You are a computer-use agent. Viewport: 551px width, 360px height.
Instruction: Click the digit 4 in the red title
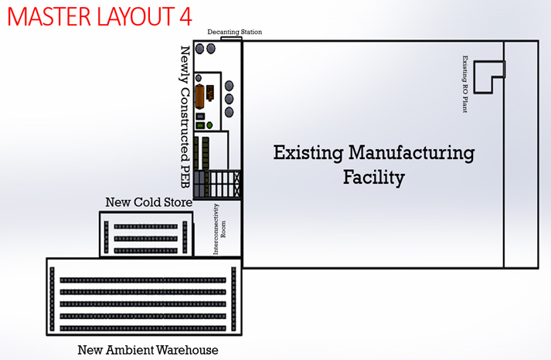point(185,16)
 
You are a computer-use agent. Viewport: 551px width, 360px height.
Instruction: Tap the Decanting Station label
point(234,32)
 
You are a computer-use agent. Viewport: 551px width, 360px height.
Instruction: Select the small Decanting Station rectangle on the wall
point(231,39)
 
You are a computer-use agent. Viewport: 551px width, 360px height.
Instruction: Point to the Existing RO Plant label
point(465,84)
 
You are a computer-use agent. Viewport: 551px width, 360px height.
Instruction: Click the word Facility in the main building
point(374,178)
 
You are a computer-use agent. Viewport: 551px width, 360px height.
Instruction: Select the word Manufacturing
point(411,154)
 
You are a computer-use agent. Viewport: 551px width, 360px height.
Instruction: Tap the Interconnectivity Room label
point(219,229)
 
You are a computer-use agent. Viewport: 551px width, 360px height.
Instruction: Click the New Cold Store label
point(148,202)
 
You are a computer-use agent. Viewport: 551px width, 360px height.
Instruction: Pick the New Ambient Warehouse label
point(148,350)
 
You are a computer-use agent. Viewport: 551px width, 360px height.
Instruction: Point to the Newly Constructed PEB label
point(185,117)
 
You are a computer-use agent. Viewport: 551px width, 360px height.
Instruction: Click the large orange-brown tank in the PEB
point(199,97)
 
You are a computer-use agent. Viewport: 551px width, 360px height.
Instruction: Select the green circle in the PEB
point(209,125)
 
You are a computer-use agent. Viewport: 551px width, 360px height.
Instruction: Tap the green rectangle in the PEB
point(200,125)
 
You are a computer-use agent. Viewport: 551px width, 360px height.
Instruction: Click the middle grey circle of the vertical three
point(229,99)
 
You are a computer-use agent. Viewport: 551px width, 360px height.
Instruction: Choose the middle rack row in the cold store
point(145,239)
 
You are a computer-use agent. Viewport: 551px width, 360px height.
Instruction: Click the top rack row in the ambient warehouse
point(143,280)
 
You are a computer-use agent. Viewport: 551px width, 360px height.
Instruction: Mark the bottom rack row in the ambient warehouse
point(143,328)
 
